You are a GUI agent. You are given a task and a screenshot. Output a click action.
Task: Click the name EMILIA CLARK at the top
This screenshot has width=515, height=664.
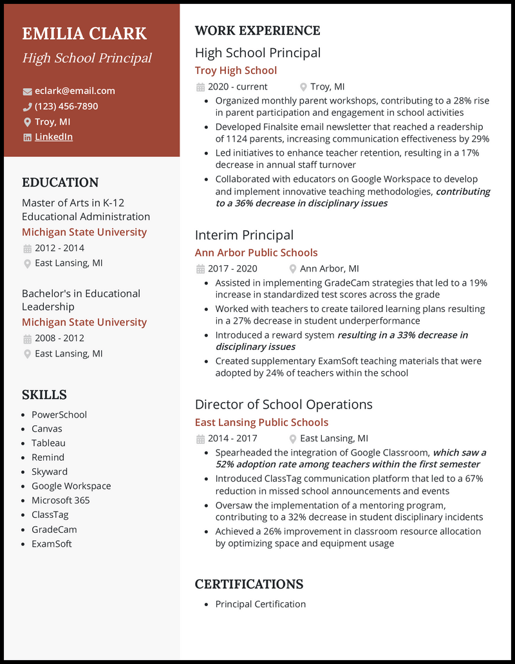(x=84, y=33)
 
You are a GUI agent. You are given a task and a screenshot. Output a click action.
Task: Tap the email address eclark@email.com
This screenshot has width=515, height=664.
(x=75, y=91)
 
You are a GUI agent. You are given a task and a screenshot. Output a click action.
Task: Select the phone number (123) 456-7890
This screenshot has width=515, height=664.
(x=66, y=106)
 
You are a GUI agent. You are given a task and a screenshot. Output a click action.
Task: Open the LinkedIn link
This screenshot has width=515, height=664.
(x=53, y=136)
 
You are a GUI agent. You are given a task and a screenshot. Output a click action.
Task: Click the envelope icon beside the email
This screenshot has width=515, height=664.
(x=27, y=91)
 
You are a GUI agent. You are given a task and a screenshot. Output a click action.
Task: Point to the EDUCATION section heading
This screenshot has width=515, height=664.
(x=61, y=182)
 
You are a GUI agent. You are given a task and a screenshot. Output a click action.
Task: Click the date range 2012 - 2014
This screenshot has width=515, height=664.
(x=59, y=248)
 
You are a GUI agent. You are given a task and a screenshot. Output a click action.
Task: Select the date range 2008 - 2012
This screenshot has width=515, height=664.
(x=59, y=338)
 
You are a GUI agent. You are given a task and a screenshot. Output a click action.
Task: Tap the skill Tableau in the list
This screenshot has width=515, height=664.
(x=48, y=443)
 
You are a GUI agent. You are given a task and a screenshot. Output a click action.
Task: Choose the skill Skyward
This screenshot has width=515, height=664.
(x=50, y=472)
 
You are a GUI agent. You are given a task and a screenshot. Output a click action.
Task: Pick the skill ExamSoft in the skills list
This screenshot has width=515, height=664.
(x=51, y=544)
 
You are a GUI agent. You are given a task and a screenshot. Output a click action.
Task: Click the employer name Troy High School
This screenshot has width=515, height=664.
(x=236, y=70)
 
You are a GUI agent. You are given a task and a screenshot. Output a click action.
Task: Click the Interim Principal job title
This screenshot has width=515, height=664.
(x=244, y=235)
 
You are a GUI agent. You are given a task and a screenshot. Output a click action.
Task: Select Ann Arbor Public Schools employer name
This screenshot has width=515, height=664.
(x=256, y=253)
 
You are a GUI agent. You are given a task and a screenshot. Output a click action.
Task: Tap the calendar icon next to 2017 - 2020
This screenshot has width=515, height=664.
(x=200, y=269)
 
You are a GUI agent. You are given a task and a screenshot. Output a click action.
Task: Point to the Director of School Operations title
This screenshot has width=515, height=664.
(x=284, y=404)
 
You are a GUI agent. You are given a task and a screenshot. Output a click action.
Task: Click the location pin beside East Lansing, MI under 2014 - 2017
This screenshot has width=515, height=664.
(x=293, y=439)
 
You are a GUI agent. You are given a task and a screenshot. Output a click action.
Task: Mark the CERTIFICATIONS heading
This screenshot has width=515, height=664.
(x=249, y=584)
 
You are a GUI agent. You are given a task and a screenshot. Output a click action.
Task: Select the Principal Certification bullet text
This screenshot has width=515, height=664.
(x=261, y=604)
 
